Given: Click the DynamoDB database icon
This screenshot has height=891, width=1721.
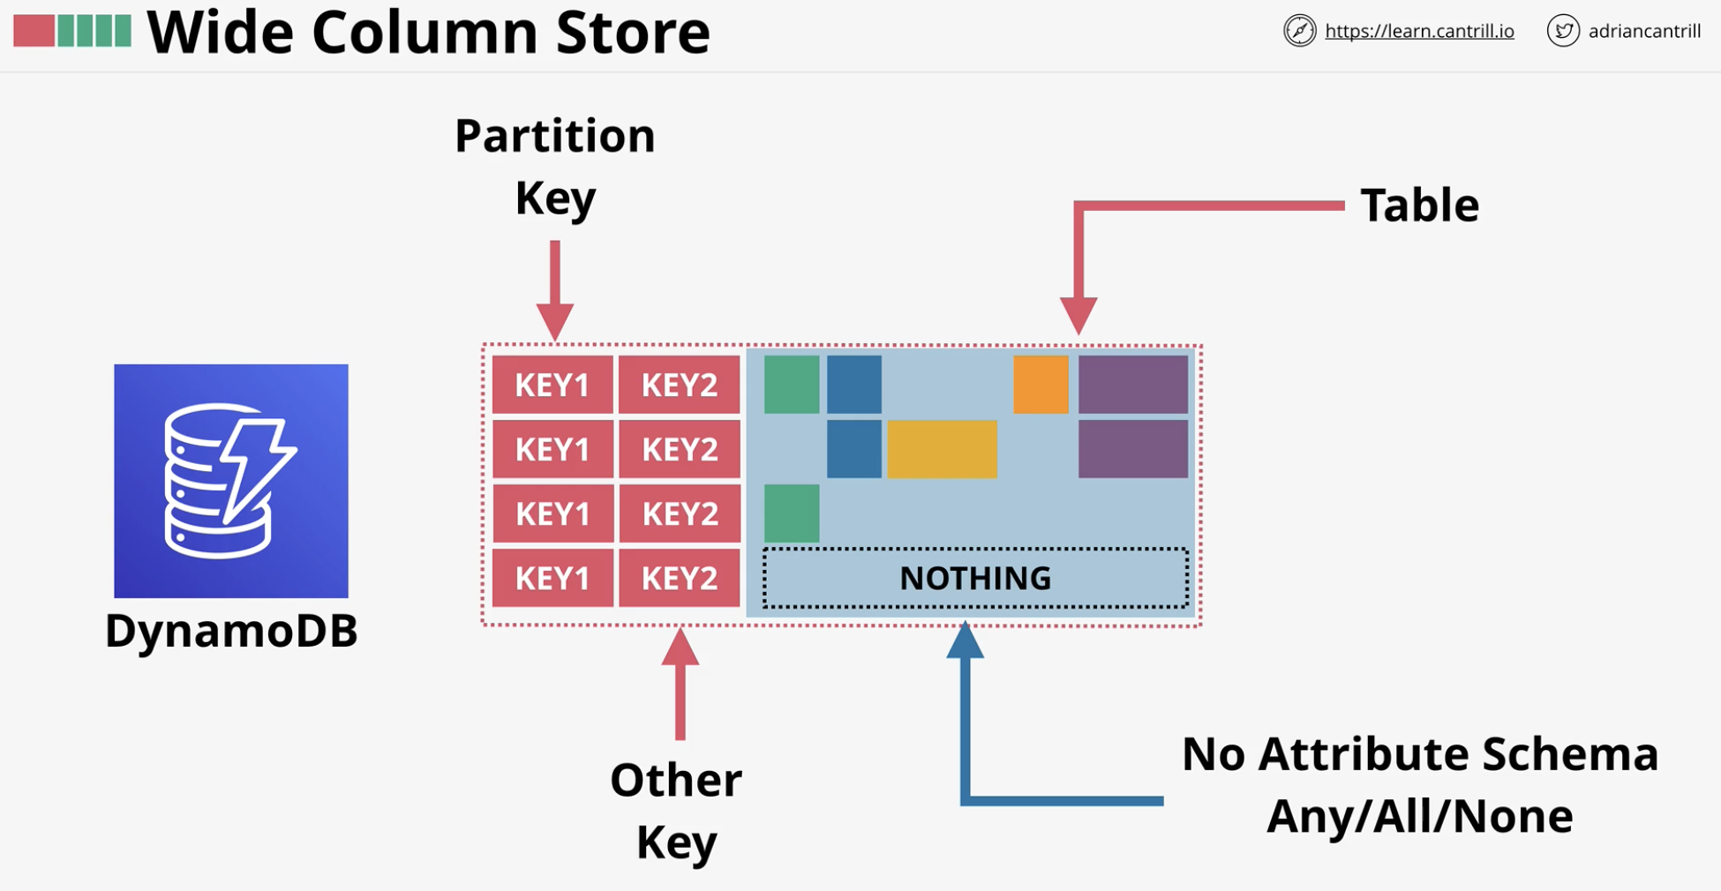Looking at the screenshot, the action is pyautogui.click(x=231, y=481).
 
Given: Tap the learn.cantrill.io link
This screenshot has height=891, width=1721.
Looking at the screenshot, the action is pyautogui.click(x=1419, y=31).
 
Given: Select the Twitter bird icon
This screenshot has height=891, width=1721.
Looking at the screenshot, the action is pyautogui.click(x=1563, y=31).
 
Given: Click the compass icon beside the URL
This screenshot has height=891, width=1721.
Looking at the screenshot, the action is pyautogui.click(x=1299, y=31).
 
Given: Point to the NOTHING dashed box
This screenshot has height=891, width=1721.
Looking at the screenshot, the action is pyautogui.click(x=975, y=578).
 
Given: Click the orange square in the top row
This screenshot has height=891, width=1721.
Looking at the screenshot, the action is pyautogui.click(x=1041, y=385).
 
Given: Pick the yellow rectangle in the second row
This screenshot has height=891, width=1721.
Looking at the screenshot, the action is pyautogui.click(x=942, y=449).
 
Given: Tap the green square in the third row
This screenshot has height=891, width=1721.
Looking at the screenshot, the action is pyautogui.click(x=792, y=513).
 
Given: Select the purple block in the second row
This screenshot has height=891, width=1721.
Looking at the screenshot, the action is pyautogui.click(x=1133, y=449).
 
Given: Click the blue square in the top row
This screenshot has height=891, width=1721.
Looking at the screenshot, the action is pyautogui.click(x=854, y=385).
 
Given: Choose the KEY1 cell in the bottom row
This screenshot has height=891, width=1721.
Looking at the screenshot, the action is pyautogui.click(x=552, y=578).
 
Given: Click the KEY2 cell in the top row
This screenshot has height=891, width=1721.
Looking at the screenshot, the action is pyautogui.click(x=680, y=385).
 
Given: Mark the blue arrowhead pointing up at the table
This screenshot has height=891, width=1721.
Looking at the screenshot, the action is pyautogui.click(x=966, y=640).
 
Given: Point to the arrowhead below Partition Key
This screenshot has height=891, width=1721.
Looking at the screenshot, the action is pyautogui.click(x=555, y=321).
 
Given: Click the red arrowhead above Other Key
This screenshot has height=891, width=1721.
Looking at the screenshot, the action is pyautogui.click(x=680, y=647).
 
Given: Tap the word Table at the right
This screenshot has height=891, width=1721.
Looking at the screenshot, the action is pyautogui.click(x=1419, y=206).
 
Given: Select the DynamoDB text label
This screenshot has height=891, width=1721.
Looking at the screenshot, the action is pyautogui.click(x=231, y=631).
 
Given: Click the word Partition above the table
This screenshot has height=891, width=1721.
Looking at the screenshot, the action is pyautogui.click(x=555, y=137).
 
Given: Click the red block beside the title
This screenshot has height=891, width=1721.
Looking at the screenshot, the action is pyautogui.click(x=34, y=30).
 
